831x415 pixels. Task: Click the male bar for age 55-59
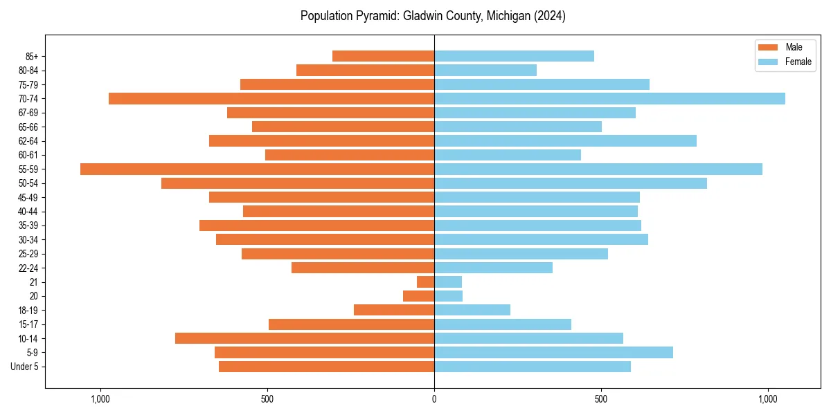[257, 169]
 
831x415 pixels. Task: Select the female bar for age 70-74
[609, 99]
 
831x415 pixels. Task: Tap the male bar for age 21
[425, 282]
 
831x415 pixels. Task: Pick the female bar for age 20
[448, 296]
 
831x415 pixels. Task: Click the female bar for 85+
[514, 56]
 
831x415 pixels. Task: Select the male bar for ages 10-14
[305, 338]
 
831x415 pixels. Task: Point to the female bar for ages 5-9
[553, 353]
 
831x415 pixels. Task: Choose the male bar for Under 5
[326, 367]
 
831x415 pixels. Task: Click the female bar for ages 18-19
[472, 310]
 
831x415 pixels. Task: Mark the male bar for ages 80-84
[365, 71]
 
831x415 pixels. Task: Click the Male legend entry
[794, 47]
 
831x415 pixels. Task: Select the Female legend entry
[798, 62]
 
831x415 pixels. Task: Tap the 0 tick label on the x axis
[434, 399]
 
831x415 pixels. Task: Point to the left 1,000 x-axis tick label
[100, 399]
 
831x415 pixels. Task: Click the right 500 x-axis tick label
[601, 399]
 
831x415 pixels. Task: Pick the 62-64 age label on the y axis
[28, 141]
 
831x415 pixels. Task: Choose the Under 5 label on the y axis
[25, 367]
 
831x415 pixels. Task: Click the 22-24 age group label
[28, 268]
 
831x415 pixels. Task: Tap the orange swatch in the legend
[769, 47]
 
